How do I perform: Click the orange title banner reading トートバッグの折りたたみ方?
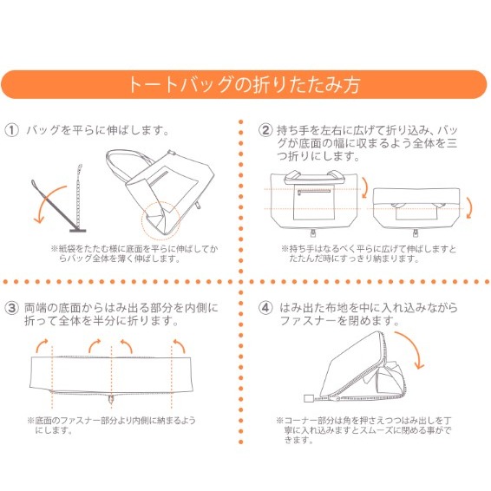(x=245, y=85)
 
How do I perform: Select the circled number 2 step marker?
(x=266, y=130)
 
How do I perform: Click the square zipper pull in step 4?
(x=309, y=400)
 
